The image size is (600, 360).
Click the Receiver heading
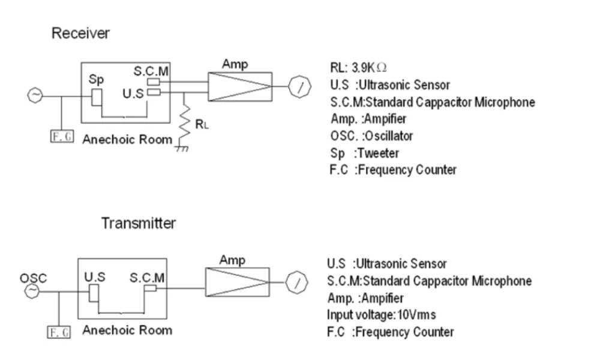click(80, 33)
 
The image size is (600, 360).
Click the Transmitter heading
click(139, 223)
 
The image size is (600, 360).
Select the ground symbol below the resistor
click(182, 148)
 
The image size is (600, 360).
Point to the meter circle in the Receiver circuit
click(299, 86)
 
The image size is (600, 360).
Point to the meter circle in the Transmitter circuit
click(297, 283)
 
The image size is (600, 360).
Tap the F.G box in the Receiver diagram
click(62, 137)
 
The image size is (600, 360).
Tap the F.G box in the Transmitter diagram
click(59, 332)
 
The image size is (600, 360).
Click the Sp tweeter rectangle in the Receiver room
click(97, 97)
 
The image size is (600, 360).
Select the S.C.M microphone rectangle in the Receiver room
click(154, 82)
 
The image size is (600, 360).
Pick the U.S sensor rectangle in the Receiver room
click(154, 92)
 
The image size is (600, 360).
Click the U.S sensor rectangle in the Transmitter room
click(94, 293)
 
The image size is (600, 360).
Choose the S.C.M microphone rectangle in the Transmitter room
click(151, 287)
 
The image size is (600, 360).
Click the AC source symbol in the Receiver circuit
click(35, 95)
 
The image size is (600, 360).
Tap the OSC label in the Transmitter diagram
click(33, 278)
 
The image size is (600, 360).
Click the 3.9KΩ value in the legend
click(369, 68)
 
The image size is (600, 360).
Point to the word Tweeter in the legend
click(378, 154)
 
